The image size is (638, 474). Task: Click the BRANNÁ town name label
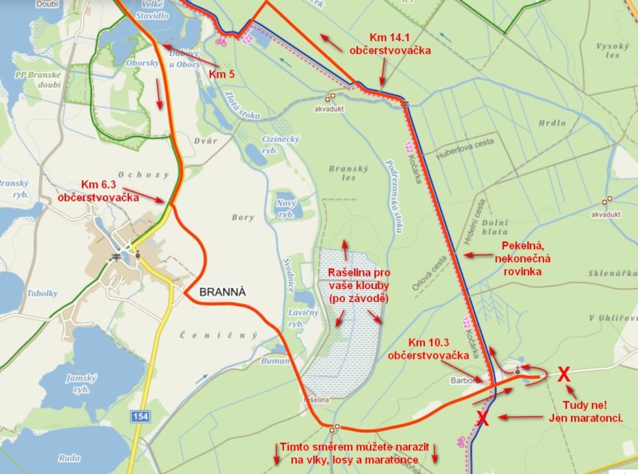pos(222,292)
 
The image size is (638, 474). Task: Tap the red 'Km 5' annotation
pos(221,74)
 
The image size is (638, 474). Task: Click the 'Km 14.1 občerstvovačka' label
pos(390,43)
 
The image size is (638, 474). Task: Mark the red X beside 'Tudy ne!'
pos(563,373)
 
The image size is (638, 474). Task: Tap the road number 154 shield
pos(141,415)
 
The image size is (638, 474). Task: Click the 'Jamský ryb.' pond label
pos(81,383)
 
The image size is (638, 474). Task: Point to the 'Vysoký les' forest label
pos(608,50)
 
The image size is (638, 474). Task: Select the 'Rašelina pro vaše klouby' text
pos(354,284)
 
